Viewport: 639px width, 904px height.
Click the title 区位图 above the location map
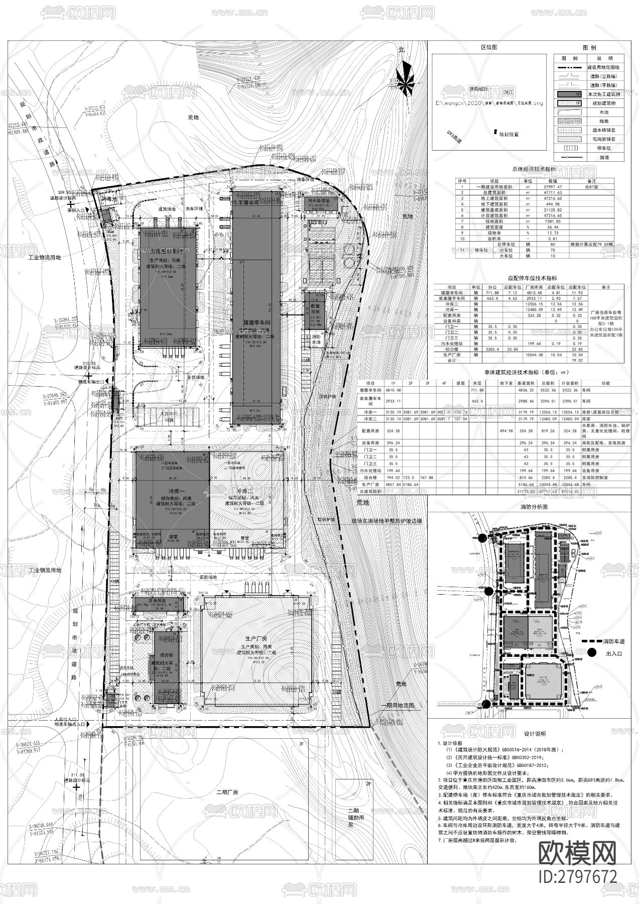(489, 47)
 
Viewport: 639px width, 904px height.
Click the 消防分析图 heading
(534, 507)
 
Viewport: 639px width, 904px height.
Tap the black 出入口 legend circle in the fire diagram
(593, 653)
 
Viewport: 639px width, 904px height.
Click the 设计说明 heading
(534, 734)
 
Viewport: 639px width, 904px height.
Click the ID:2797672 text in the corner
(577, 876)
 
